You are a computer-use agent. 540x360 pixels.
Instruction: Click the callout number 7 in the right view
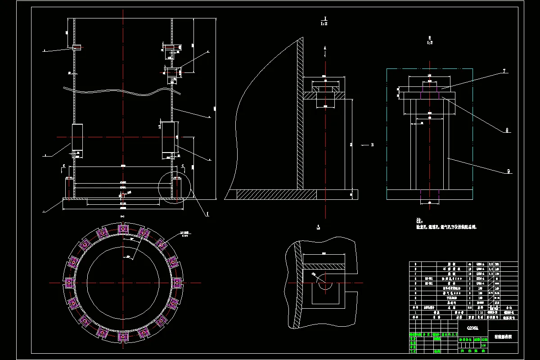click(x=504, y=71)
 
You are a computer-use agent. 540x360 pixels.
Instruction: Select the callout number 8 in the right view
click(x=507, y=130)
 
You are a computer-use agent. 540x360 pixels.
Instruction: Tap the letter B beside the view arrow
click(x=372, y=145)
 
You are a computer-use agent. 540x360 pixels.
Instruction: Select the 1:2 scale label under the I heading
click(x=324, y=24)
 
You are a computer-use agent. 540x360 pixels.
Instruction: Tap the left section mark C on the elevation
click(x=64, y=166)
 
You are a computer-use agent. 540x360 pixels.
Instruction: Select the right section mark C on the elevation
click(x=182, y=166)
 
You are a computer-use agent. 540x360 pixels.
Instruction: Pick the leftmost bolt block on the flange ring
click(x=69, y=283)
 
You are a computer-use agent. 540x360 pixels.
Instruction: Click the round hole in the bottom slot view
click(x=324, y=284)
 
